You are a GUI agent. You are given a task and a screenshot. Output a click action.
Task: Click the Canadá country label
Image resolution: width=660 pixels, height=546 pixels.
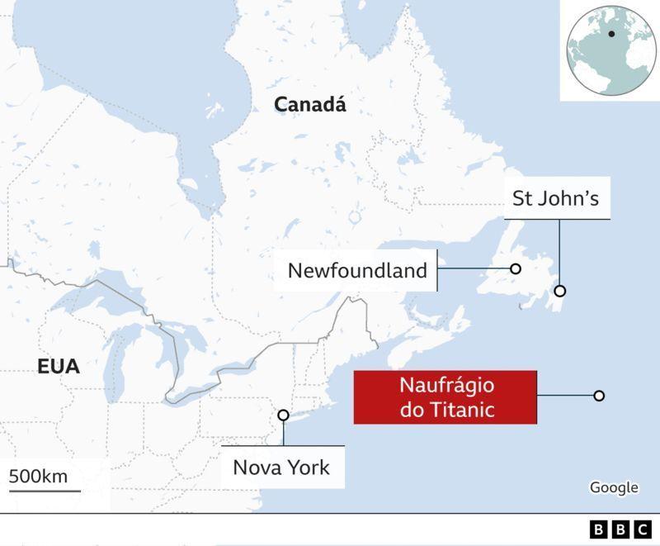(x=310, y=105)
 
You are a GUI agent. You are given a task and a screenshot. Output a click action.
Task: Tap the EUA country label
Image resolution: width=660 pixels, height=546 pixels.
(x=59, y=367)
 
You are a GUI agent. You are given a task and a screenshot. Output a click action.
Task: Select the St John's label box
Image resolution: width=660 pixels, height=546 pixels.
(x=557, y=198)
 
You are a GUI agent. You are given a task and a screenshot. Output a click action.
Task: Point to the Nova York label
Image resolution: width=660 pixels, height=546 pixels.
(x=281, y=468)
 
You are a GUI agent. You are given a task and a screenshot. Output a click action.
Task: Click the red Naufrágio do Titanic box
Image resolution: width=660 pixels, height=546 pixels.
(x=445, y=397)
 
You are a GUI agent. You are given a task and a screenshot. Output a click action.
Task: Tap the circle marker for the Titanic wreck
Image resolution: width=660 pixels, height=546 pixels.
(x=599, y=396)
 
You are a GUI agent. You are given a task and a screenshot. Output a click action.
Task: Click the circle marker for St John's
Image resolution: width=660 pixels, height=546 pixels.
(x=560, y=291)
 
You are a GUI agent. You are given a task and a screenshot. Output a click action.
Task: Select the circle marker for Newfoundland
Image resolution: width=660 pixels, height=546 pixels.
(x=516, y=268)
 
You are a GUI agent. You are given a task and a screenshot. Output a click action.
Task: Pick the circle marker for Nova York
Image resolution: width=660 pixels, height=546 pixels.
(x=283, y=415)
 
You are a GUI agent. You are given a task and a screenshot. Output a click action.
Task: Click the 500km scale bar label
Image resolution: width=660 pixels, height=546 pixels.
(x=39, y=477)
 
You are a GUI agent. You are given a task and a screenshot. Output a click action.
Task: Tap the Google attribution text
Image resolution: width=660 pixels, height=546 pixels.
(x=614, y=487)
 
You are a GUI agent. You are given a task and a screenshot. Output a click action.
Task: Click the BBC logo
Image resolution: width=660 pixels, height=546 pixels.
(x=620, y=529)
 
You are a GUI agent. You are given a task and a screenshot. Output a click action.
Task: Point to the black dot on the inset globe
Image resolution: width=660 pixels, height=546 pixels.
(x=611, y=34)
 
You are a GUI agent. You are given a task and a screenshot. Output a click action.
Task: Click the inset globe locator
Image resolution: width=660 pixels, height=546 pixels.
(x=610, y=50)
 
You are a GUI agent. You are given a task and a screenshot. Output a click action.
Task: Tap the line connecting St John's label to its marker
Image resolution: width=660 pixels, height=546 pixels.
(x=560, y=252)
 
